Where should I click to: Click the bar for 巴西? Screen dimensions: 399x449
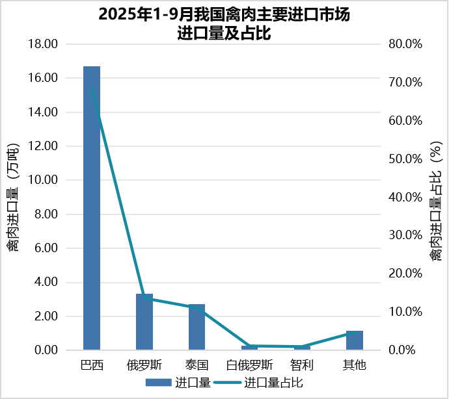coord(92,208)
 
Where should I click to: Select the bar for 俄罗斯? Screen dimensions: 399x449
coord(144,322)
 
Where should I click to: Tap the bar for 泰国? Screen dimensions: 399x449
coord(197,327)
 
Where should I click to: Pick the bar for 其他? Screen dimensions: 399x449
coord(354,341)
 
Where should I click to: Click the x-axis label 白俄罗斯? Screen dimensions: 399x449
coord(249,365)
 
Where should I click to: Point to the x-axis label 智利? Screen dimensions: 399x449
coord(302,365)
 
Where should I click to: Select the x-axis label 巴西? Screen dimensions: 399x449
coord(92,365)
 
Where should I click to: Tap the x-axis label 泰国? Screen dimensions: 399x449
coord(197,365)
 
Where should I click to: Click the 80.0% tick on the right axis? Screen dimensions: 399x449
coord(405,44)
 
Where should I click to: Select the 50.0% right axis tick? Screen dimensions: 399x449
coord(405,159)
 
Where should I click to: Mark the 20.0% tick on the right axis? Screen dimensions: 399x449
coord(405,274)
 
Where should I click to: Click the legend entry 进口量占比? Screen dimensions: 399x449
coord(273,383)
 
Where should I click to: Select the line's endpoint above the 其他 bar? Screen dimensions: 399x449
coord(354,333)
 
